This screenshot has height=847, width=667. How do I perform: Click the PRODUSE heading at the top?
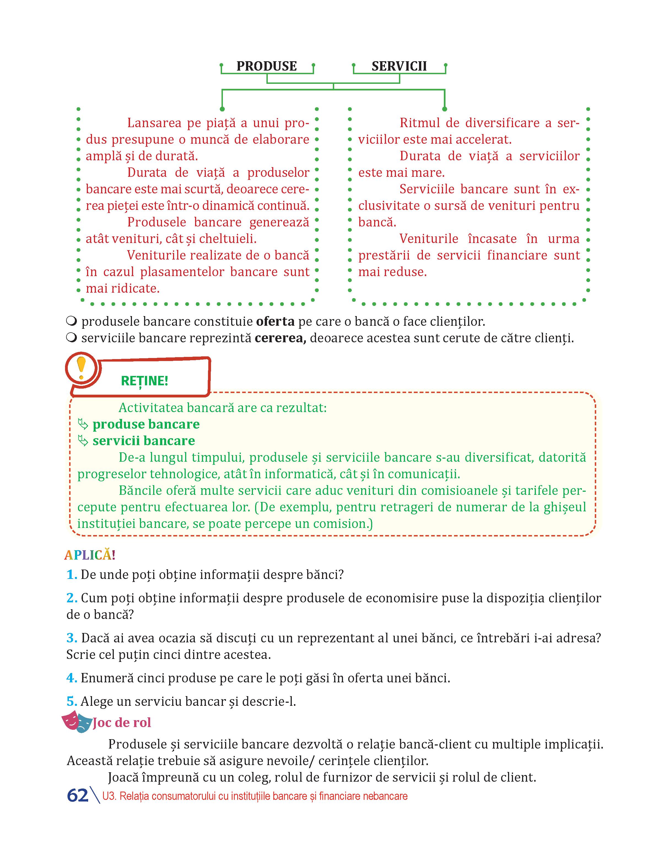(x=266, y=66)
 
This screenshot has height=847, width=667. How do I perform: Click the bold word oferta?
(x=275, y=321)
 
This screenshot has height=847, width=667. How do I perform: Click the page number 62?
(x=78, y=795)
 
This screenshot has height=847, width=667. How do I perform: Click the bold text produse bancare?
(x=146, y=424)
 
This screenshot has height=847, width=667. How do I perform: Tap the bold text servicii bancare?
(x=144, y=441)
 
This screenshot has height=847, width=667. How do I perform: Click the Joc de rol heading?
(x=122, y=722)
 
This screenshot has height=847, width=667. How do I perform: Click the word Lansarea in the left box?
(x=154, y=123)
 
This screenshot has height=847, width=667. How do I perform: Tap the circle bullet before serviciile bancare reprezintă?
(x=71, y=338)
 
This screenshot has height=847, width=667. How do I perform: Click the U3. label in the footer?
(x=109, y=796)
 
